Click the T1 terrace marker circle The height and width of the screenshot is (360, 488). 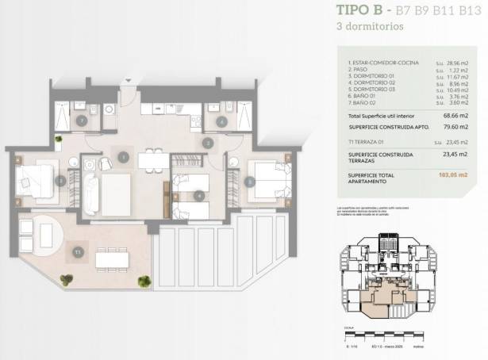point(78,252)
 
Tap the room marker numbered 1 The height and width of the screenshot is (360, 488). point(124,157)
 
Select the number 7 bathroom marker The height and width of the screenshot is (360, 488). point(83,121)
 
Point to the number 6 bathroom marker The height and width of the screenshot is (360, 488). point(221,121)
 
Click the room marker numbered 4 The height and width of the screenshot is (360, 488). point(198,194)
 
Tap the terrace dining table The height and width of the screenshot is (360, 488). point(112,259)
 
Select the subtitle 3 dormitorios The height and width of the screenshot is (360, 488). point(370,26)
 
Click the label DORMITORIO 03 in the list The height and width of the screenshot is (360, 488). point(374,90)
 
